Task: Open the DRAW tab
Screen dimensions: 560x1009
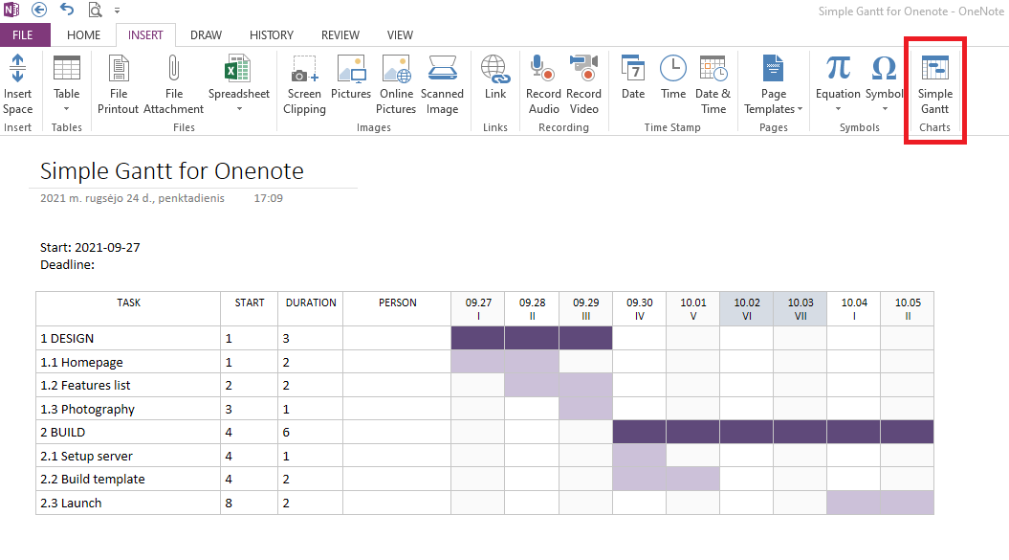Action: click(206, 35)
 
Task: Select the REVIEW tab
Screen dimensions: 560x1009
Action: click(340, 35)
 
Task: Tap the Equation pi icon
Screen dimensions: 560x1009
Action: click(838, 68)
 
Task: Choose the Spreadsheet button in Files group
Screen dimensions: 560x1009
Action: click(238, 81)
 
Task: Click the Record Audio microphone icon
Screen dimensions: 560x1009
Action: click(543, 68)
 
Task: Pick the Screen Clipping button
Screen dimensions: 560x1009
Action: click(304, 81)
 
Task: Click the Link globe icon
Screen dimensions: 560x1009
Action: click(495, 68)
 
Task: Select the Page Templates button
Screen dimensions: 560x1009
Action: click(773, 81)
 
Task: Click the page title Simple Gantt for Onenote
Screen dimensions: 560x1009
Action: click(172, 171)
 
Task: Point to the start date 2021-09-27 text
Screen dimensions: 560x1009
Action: click(107, 247)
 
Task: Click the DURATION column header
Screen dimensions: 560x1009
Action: click(311, 302)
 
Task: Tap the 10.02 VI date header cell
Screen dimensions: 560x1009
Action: click(747, 308)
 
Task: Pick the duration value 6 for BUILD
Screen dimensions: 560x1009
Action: click(284, 433)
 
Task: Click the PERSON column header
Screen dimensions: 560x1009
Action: click(397, 302)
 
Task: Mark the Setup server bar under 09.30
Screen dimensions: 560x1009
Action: click(639, 456)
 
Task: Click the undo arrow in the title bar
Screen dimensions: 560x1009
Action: click(67, 10)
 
